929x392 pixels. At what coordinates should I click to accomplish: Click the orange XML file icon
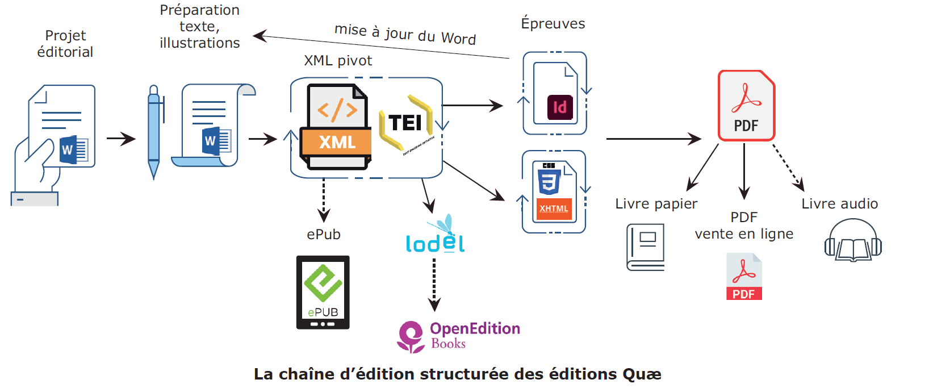coord(336,127)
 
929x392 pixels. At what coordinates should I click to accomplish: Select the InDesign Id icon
coord(559,107)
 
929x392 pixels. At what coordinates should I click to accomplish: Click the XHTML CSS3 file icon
coord(554,192)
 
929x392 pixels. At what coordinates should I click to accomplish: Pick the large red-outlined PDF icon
coord(746,106)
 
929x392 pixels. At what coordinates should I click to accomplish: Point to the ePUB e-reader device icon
coord(323,292)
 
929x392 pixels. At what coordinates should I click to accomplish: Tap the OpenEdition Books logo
coord(458,336)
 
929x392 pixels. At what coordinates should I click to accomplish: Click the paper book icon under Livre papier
coord(646,247)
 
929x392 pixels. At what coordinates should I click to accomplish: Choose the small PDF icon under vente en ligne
coord(744,277)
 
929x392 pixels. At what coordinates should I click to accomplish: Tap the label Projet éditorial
coord(65,44)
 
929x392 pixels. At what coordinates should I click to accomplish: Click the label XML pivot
coord(338,61)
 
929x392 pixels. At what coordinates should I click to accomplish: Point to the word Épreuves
coord(553,24)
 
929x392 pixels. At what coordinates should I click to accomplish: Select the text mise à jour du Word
coord(405,34)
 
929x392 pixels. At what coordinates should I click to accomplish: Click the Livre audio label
coord(839,204)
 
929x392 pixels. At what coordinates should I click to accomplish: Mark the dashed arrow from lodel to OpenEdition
coord(434,285)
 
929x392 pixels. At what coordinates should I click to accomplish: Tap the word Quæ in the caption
coord(642,374)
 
